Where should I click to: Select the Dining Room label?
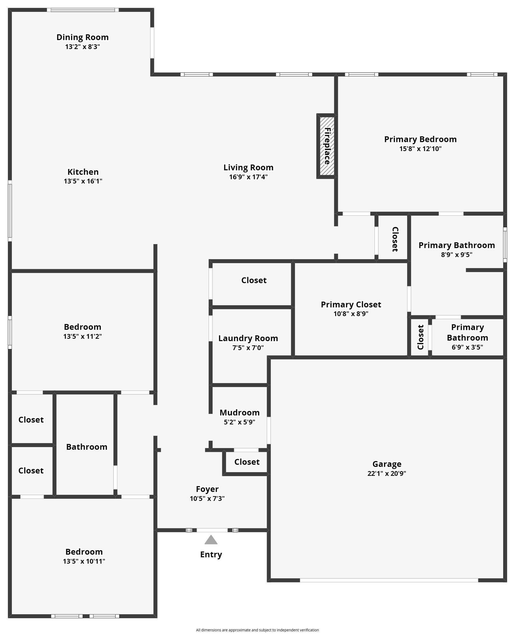(82, 37)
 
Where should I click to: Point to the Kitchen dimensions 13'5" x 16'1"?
(83, 181)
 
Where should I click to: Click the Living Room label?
(248, 167)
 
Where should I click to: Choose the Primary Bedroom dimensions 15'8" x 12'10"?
(420, 149)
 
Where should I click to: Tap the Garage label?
(387, 464)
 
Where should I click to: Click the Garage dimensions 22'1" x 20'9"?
(387, 473)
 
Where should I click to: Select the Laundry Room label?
(248, 338)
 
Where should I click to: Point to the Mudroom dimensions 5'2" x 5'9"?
(239, 422)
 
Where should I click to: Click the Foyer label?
(207, 489)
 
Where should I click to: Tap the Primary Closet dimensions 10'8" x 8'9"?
(351, 314)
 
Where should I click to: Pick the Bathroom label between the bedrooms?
(87, 447)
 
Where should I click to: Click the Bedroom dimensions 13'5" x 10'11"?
(84, 561)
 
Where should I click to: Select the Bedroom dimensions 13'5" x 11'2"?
(82, 336)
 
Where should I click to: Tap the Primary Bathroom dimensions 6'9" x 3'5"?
(467, 347)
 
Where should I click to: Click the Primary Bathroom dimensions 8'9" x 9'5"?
(456, 254)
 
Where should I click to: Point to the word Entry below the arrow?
(211, 554)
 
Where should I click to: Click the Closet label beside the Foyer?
(247, 462)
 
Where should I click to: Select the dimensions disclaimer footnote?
(257, 627)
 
